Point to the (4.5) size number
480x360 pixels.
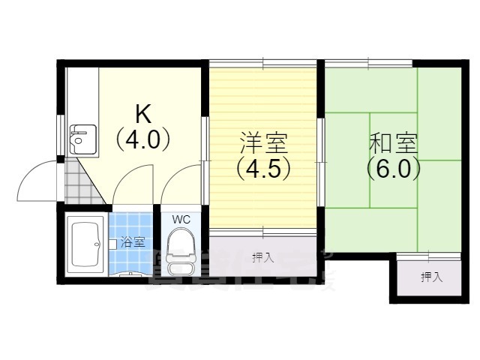[x=263, y=169]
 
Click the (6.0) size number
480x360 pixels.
[x=393, y=169]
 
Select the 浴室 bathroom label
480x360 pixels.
[x=133, y=243]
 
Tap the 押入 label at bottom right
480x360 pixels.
[x=431, y=277]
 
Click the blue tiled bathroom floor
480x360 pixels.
[x=131, y=225]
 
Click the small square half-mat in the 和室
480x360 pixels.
[x=392, y=136]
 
